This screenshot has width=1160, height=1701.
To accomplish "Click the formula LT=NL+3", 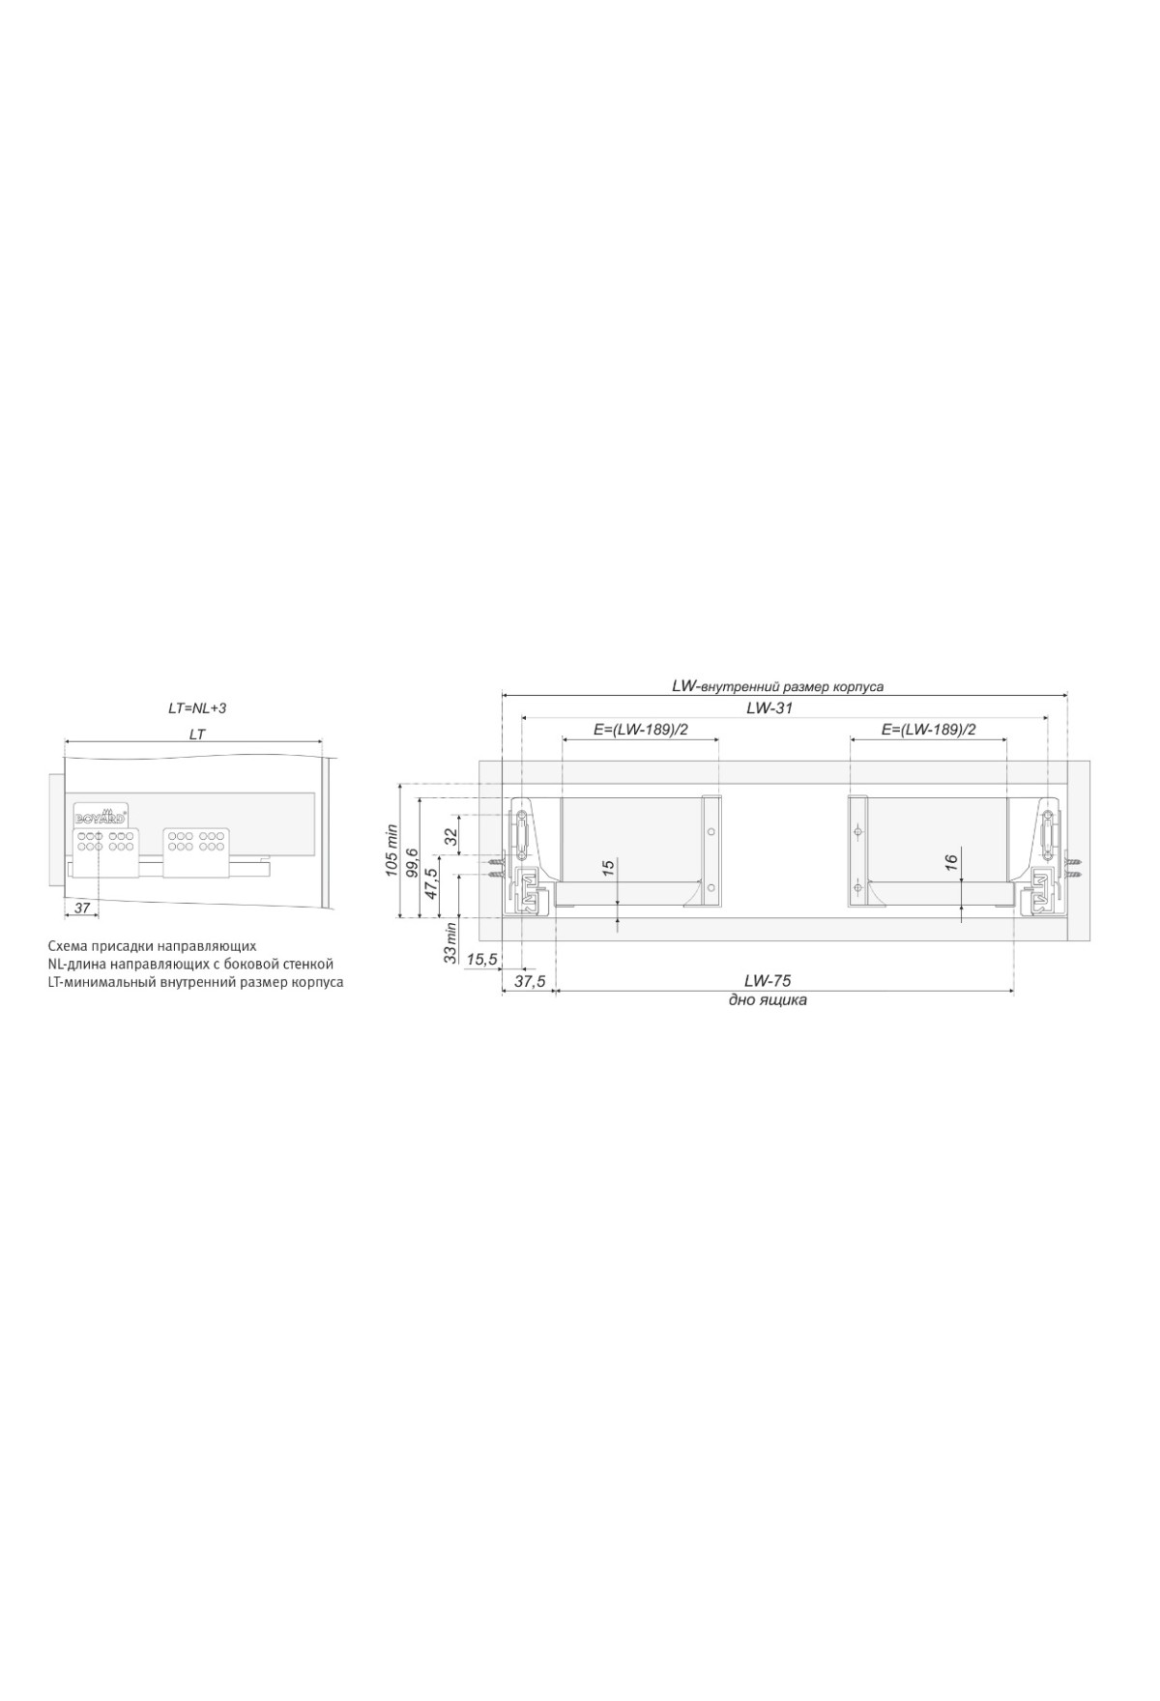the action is [197, 708].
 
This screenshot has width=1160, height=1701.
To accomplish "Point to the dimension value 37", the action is [82, 908].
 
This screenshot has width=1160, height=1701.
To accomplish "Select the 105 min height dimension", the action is [392, 849].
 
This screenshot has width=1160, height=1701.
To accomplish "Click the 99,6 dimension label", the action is [413, 859].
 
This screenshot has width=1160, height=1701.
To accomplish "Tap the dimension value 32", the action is [450, 837].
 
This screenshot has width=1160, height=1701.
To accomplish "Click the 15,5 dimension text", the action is [481, 959].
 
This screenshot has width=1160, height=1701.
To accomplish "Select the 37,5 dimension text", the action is [530, 981].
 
